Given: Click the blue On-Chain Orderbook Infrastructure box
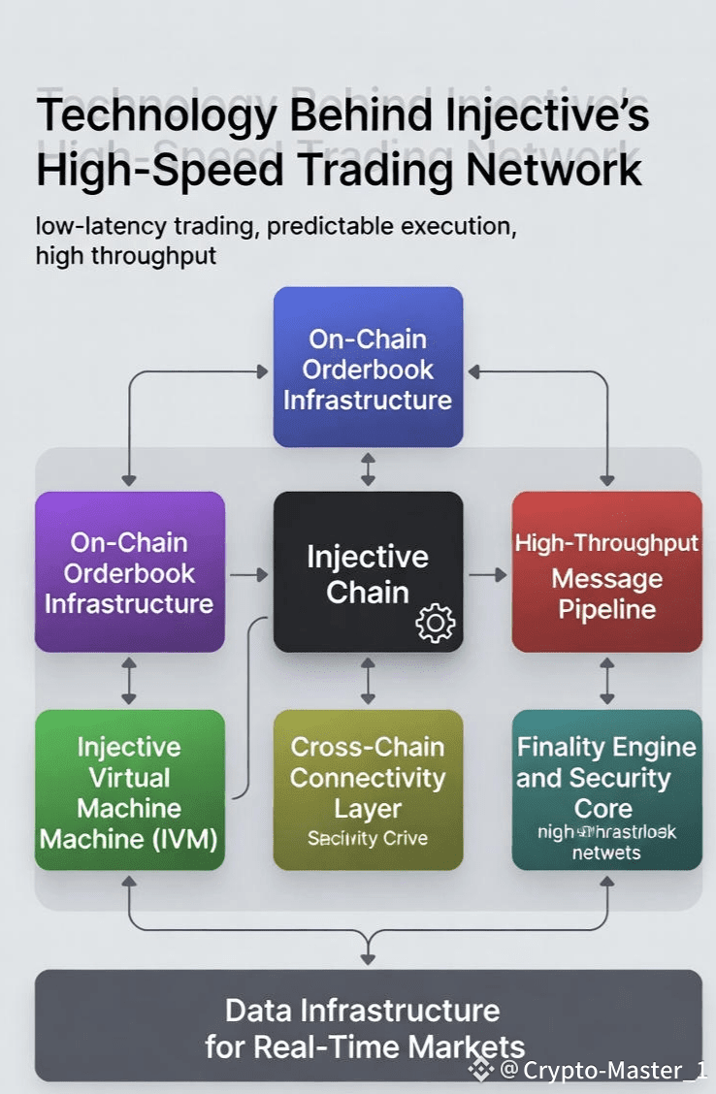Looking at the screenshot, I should [368, 368].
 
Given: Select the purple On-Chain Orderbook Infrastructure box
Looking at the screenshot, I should [129, 572].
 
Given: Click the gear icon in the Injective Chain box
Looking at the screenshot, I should [434, 623].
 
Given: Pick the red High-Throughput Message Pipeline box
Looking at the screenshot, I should [606, 572].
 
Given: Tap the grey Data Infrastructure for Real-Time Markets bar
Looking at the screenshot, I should [368, 1026].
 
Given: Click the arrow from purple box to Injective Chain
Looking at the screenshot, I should [248, 574].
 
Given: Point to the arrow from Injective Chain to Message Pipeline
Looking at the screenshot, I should [487, 574].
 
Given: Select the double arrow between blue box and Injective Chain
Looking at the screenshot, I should [368, 469].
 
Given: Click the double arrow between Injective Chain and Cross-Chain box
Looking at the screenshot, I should [368, 681].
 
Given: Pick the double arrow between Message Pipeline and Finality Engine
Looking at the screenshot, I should [607, 681].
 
